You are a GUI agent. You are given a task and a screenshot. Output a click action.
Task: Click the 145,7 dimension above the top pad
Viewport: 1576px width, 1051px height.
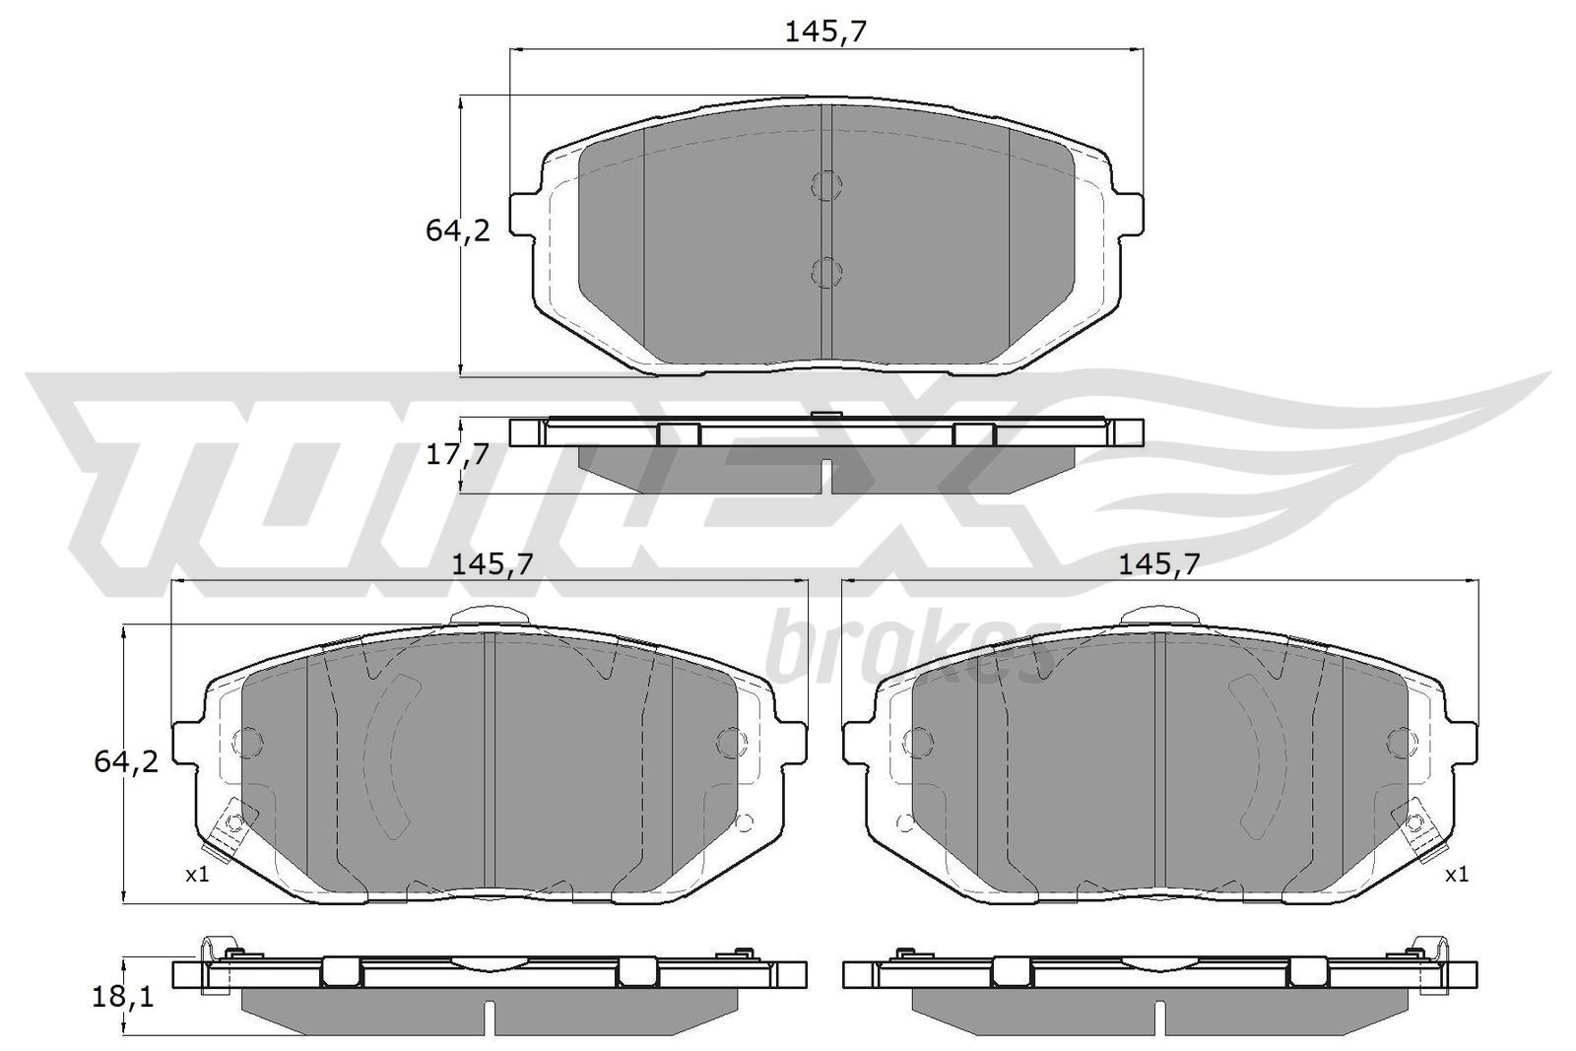coord(825,32)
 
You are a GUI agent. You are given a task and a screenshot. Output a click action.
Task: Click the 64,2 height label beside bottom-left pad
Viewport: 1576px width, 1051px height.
coord(125,760)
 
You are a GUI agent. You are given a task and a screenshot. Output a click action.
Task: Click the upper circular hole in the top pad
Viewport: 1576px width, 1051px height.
coord(826,184)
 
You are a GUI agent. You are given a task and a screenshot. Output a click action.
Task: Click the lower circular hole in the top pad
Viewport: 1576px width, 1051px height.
coord(826,271)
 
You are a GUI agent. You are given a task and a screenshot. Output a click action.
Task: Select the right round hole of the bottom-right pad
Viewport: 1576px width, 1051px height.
coord(1400,741)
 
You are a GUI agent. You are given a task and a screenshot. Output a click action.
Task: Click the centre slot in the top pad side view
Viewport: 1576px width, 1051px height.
coord(826,475)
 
